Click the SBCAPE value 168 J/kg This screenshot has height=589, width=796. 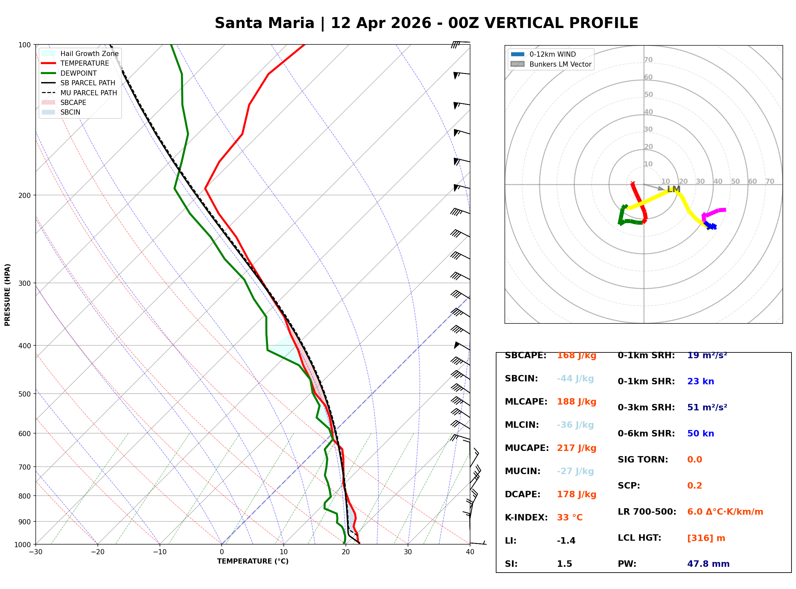click(576, 355)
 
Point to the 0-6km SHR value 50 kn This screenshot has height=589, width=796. click(700, 434)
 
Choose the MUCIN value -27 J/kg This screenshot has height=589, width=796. click(575, 471)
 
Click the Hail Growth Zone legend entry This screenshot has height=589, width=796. click(89, 53)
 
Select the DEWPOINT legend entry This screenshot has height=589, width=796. click(79, 73)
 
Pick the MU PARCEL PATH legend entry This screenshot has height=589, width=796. click(88, 93)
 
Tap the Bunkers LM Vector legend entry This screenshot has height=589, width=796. click(560, 64)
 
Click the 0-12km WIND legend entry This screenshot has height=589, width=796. click(552, 54)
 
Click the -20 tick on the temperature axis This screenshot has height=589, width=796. click(97, 552)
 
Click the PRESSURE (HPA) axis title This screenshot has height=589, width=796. click(7, 294)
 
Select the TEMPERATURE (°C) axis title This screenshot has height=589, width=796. click(253, 561)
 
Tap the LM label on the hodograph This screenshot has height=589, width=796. click(673, 189)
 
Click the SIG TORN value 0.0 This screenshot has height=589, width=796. click(694, 460)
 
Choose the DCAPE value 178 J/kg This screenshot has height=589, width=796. click(576, 494)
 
